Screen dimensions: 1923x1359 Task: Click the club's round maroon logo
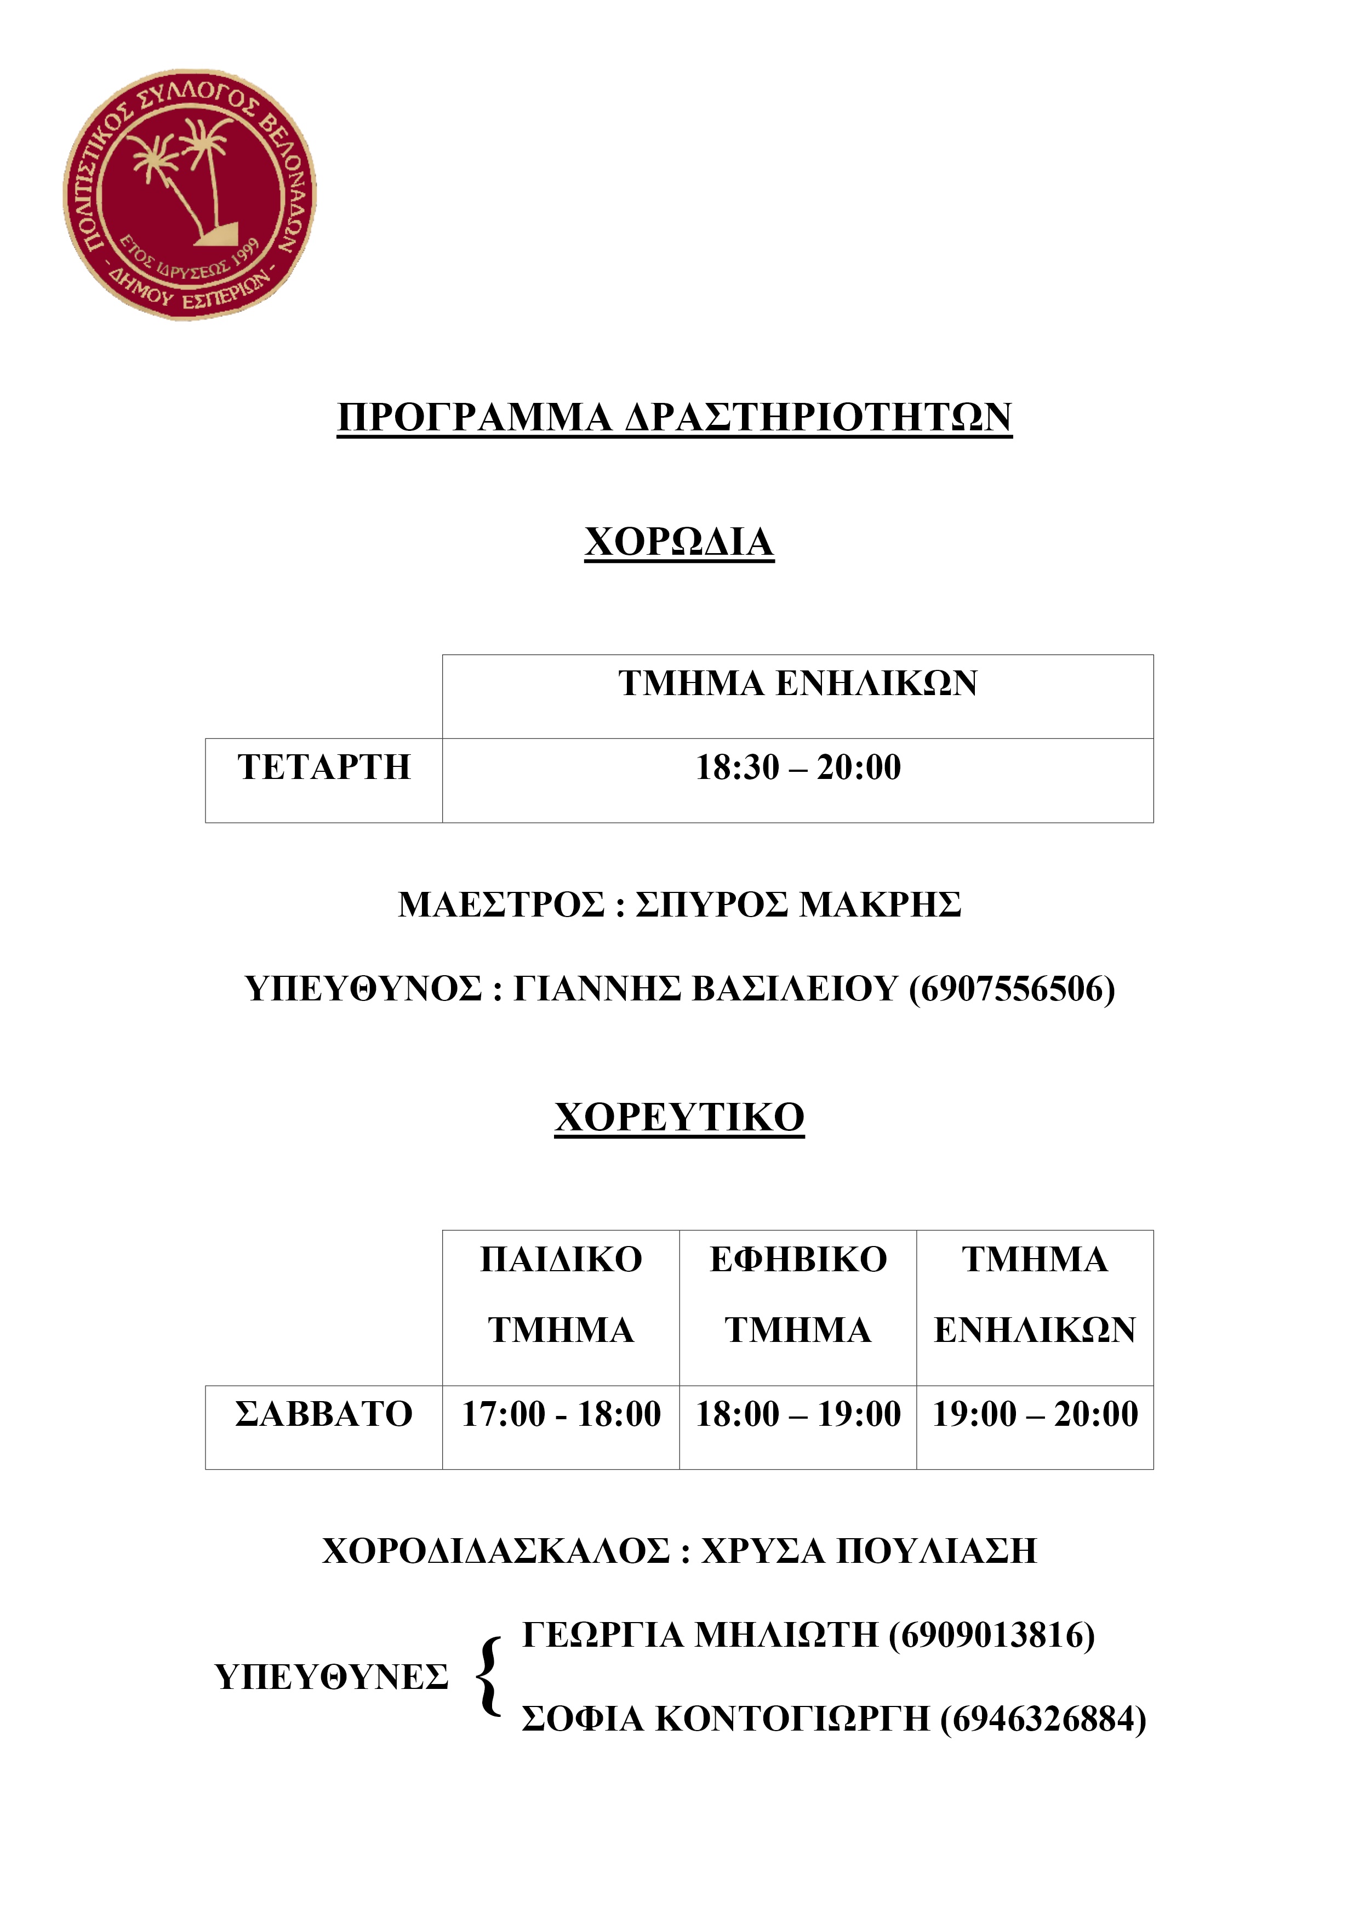tap(190, 194)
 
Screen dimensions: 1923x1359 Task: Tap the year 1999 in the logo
tap(246, 252)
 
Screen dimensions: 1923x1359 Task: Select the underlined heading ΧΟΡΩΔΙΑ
tap(679, 542)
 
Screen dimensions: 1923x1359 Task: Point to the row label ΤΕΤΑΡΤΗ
tap(324, 767)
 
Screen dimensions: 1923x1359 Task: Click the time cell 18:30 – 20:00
tap(798, 767)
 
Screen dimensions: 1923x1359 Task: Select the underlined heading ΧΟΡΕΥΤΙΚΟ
tap(679, 1117)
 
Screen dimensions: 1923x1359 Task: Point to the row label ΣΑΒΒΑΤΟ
tap(324, 1414)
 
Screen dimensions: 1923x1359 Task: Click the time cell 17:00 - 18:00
tap(561, 1414)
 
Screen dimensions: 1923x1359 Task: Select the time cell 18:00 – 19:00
tap(798, 1414)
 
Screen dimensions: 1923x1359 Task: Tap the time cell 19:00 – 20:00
tap(1035, 1414)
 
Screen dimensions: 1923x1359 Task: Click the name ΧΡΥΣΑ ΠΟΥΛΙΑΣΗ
tap(869, 1551)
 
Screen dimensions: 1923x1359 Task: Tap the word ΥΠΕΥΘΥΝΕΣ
tap(332, 1677)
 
